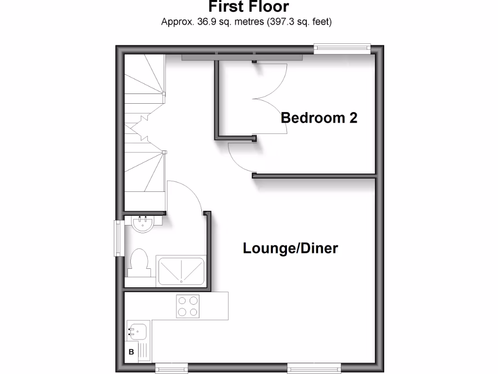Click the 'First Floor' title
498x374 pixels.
tap(249, 7)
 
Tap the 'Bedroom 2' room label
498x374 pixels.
tap(319, 118)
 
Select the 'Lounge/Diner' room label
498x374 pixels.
tap(290, 248)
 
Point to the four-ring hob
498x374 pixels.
tap(188, 306)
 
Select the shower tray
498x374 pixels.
tap(181, 270)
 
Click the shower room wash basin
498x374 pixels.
tap(142, 224)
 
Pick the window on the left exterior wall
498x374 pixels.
tap(117, 238)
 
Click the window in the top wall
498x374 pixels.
tap(342, 48)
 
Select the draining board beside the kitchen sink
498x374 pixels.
tap(144, 351)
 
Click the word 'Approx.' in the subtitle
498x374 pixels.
tap(176, 22)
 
